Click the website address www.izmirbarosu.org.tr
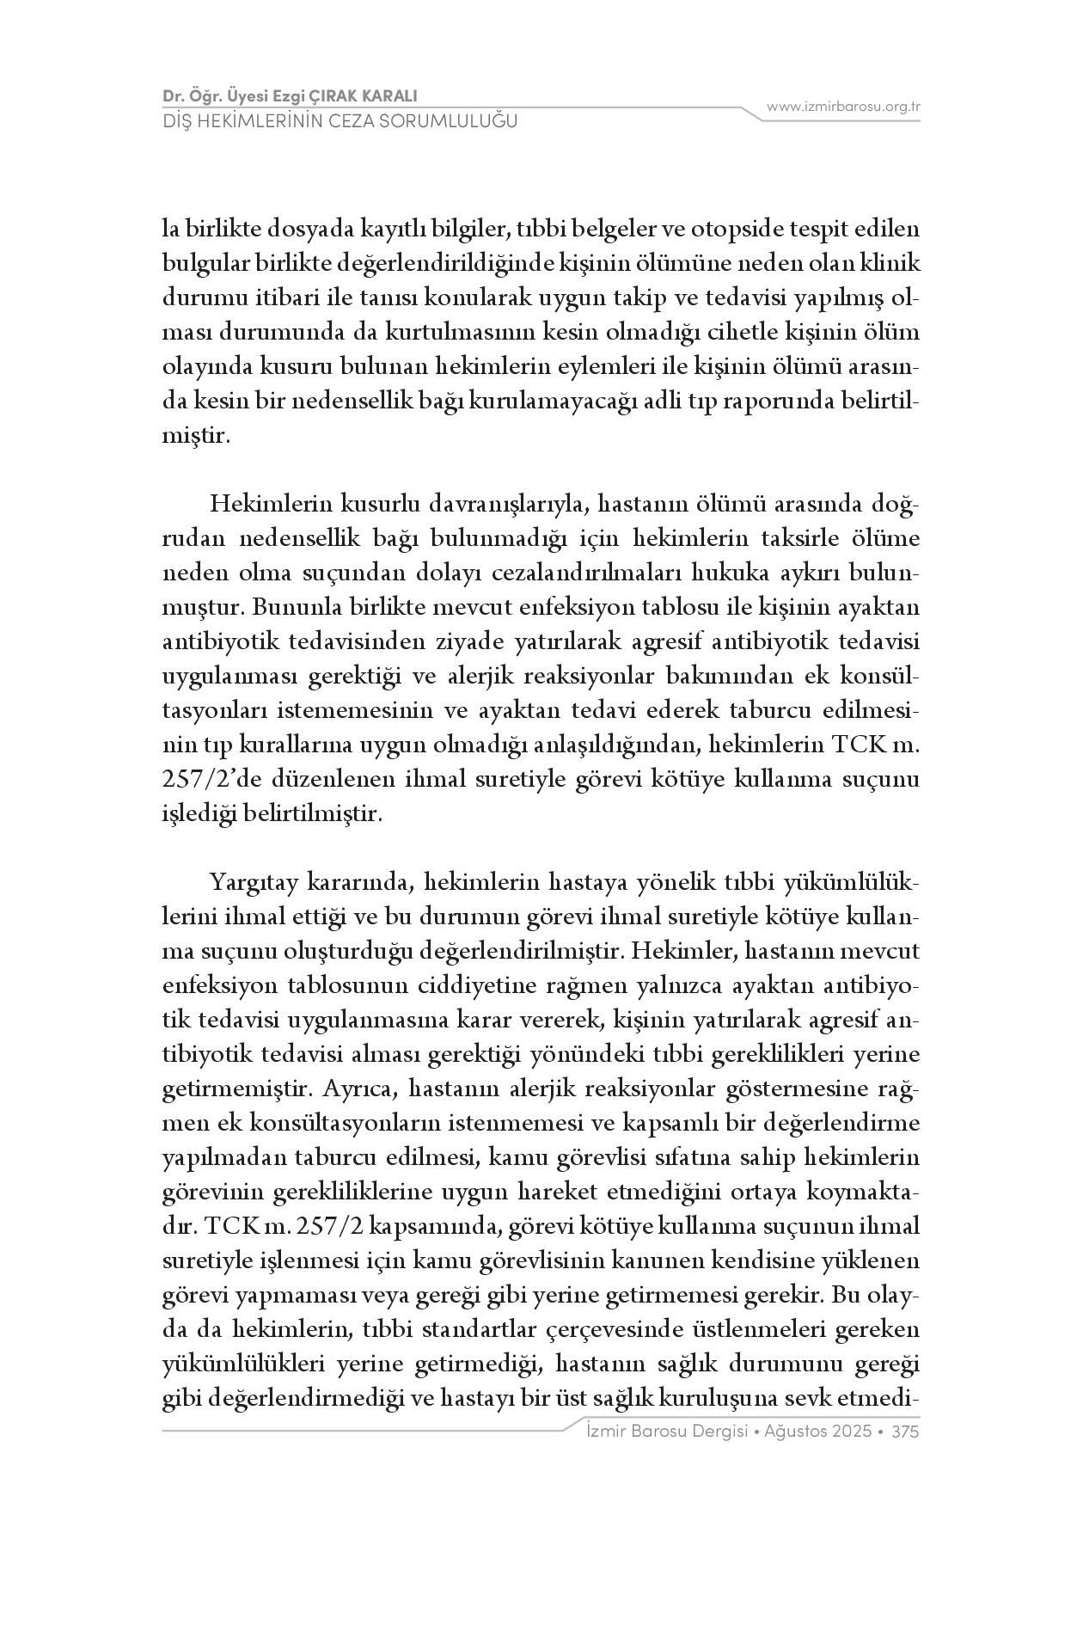click(x=843, y=107)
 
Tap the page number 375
click(x=906, y=1432)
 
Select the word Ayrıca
click(x=358, y=1089)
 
